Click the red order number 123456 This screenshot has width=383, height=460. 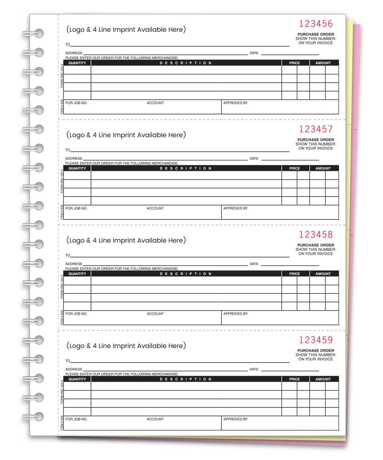[316, 24]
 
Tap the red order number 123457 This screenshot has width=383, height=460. [316, 129]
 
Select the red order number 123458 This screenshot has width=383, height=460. [316, 234]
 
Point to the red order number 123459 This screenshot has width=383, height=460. [316, 340]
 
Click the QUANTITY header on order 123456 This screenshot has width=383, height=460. [77, 63]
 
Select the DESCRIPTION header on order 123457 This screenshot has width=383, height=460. [186, 169]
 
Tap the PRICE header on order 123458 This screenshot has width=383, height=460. [294, 274]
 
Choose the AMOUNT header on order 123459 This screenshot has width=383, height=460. [323, 379]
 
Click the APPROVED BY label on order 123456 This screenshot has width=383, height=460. [235, 103]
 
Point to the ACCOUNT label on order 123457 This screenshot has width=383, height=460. [155, 208]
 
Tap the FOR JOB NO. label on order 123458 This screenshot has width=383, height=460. [76, 314]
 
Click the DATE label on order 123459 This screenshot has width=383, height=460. [254, 369]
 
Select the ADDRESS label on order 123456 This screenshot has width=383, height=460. [74, 53]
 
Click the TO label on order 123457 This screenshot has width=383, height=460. [68, 150]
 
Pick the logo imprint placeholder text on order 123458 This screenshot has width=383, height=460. [126, 240]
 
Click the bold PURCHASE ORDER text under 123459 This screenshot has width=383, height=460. [316, 351]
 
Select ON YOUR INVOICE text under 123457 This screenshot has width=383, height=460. [316, 149]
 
